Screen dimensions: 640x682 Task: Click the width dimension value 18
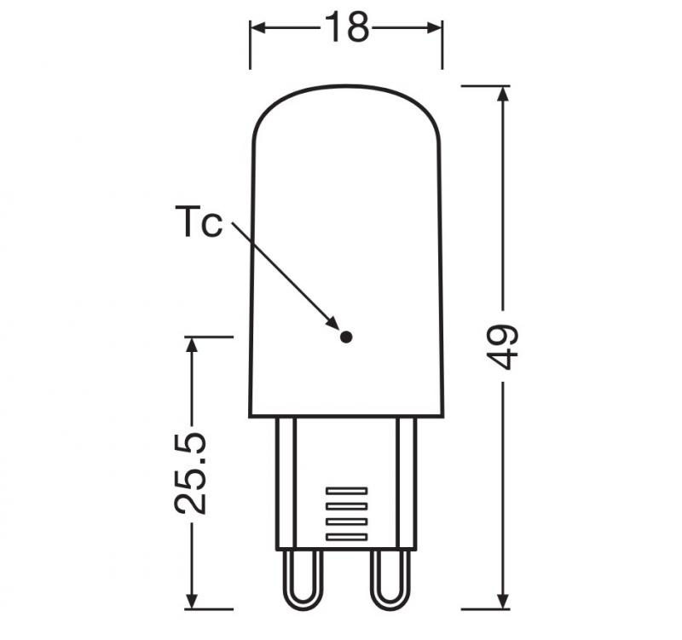click(x=346, y=29)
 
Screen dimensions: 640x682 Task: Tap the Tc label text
click(x=199, y=223)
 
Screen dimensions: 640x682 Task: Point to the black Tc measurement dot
click(x=345, y=337)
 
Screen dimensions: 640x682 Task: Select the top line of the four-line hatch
click(x=346, y=491)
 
